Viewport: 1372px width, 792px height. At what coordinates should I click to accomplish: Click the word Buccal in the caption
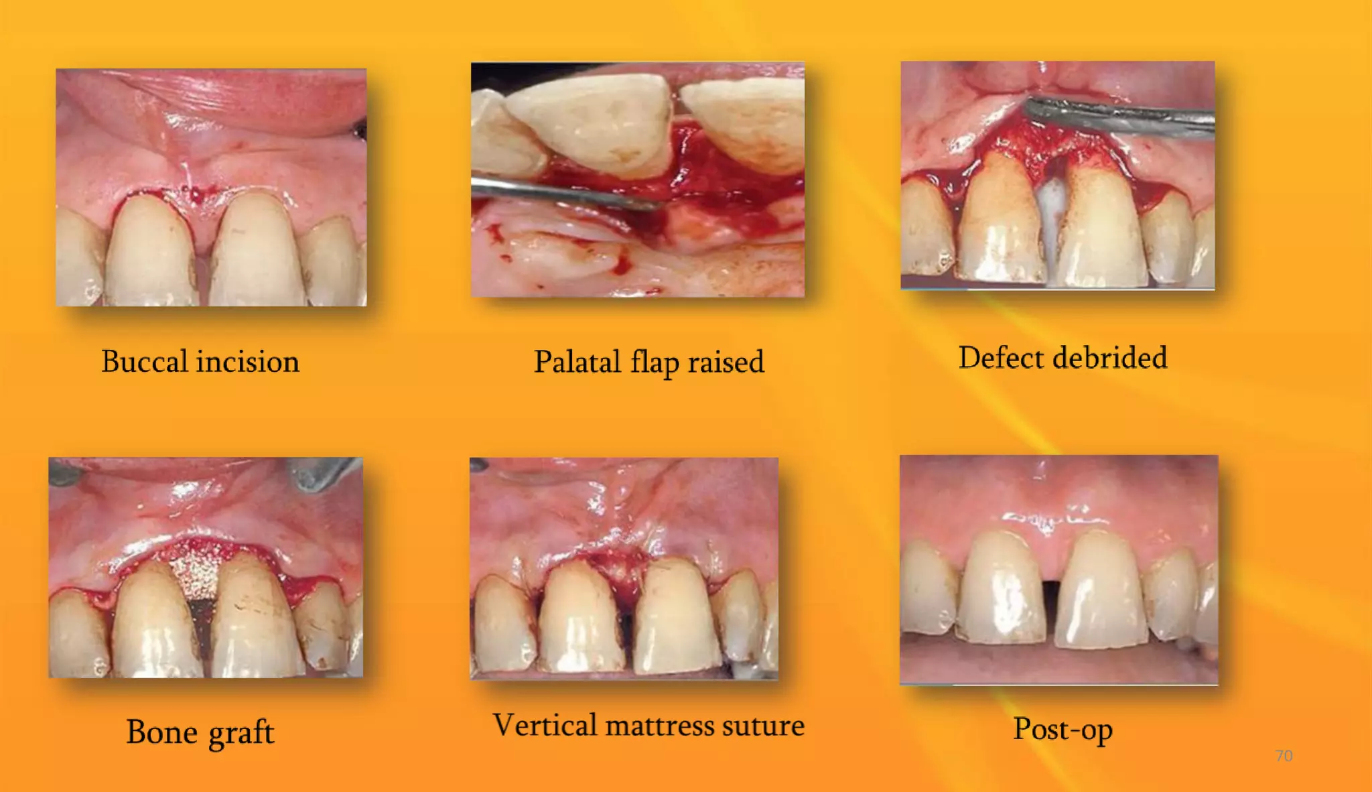click(x=145, y=362)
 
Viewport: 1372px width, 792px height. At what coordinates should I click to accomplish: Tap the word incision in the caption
click(x=248, y=362)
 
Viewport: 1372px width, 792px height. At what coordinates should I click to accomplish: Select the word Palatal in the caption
click(x=577, y=362)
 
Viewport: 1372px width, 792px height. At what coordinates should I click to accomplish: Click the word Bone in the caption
click(x=162, y=732)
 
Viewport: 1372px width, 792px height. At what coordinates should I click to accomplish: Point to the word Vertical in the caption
click(x=545, y=726)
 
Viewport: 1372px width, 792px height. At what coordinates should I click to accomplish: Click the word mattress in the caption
click(x=659, y=726)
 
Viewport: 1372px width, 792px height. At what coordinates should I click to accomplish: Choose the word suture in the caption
click(x=764, y=726)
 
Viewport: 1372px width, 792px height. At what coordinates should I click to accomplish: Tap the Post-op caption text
click(x=1062, y=730)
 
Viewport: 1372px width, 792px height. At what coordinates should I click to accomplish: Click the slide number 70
click(x=1284, y=756)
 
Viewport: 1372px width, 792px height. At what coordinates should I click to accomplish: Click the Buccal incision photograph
click(x=211, y=188)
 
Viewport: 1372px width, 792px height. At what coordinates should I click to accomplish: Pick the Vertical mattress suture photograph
click(x=624, y=568)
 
